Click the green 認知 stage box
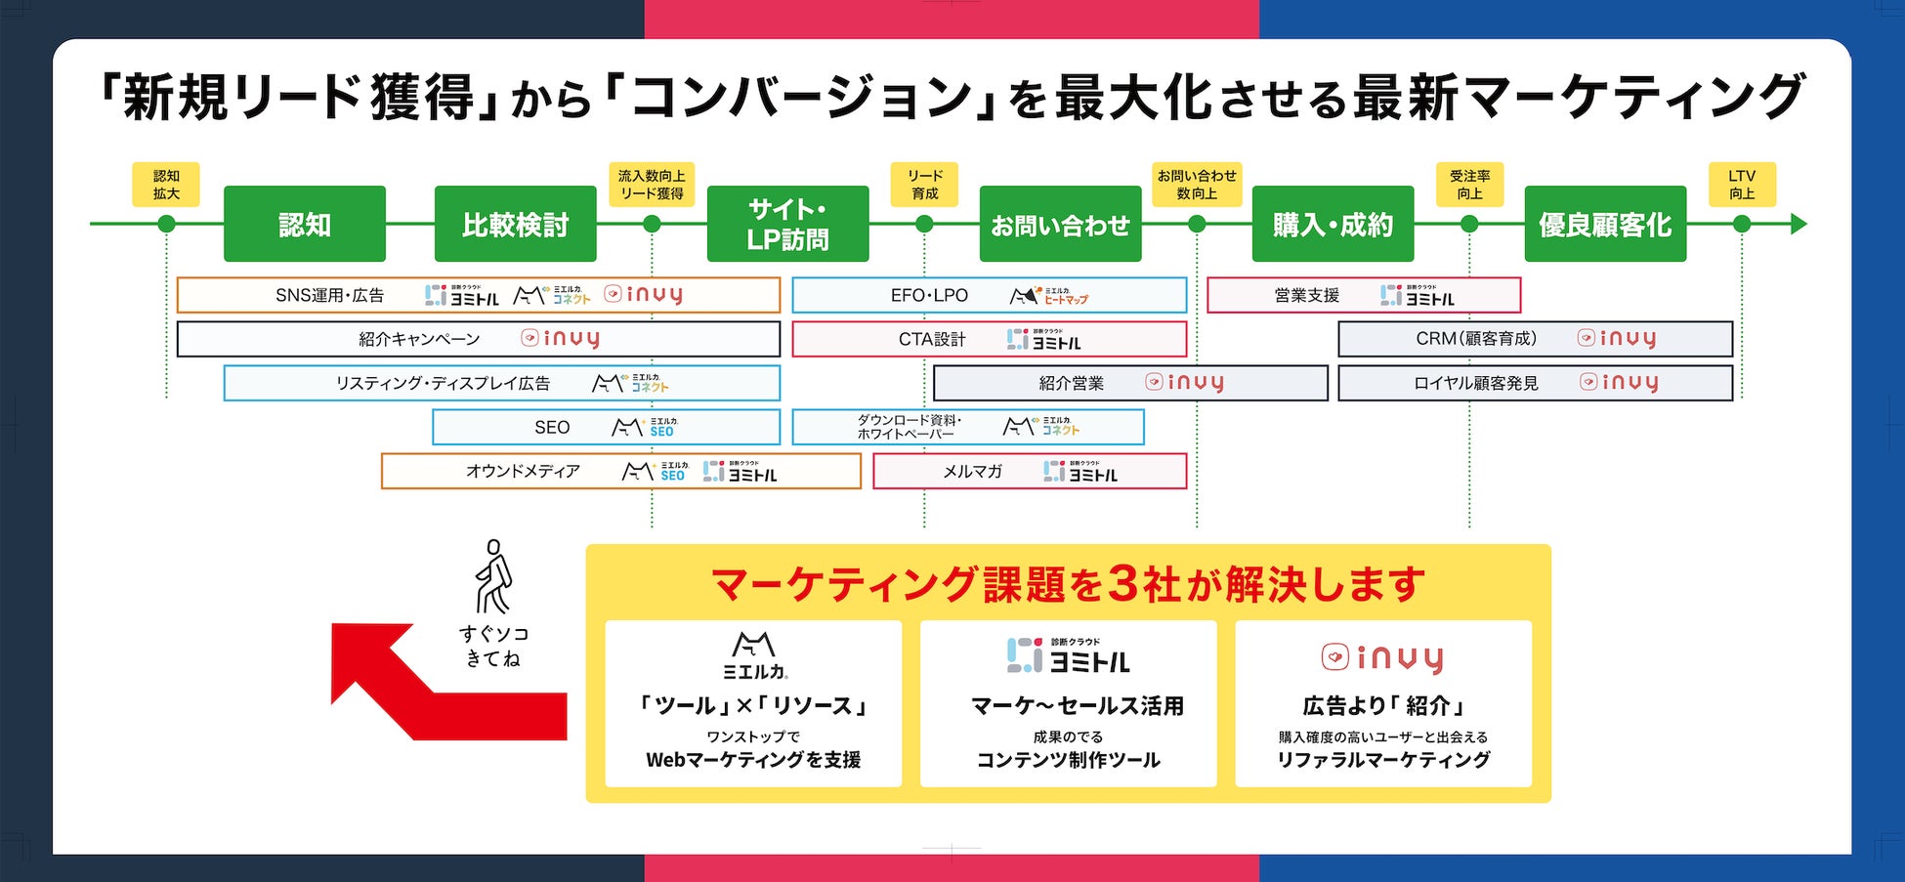pos(304,224)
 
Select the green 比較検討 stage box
pos(515,224)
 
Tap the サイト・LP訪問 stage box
pos(787,224)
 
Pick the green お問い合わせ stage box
pos(1060,224)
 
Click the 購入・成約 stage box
pos(1333,224)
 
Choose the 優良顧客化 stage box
pos(1605,224)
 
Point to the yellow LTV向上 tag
pos(1742,184)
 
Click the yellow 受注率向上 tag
pos(1469,184)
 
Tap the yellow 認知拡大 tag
pos(166,184)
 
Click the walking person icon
pos(493,576)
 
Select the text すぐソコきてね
pos(493,646)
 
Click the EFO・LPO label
pos(929,295)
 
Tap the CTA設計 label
pos(932,339)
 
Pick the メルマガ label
pos(972,471)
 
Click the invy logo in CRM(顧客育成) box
pos(1618,338)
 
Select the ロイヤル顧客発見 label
pos(1475,383)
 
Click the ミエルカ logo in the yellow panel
pos(754,654)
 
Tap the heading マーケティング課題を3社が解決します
pos(1068,584)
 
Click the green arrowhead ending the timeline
pos(1799,224)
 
